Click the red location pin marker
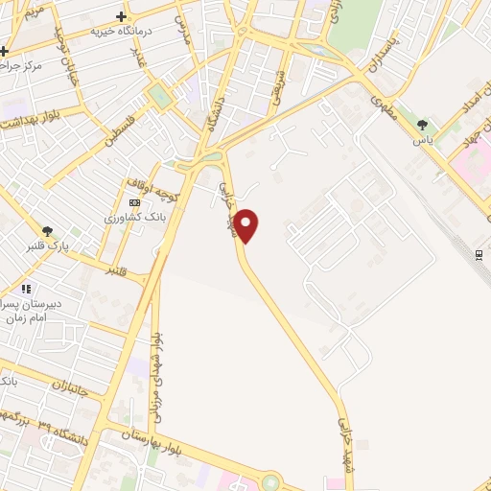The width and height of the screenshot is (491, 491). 247,224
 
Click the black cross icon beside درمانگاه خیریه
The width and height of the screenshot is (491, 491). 120,16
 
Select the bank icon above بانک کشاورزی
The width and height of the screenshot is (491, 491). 133,202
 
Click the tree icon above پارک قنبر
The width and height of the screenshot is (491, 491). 46,230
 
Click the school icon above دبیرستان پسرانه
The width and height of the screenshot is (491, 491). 27,288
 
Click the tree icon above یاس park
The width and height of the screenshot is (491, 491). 423,124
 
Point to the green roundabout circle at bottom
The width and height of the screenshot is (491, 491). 270,482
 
